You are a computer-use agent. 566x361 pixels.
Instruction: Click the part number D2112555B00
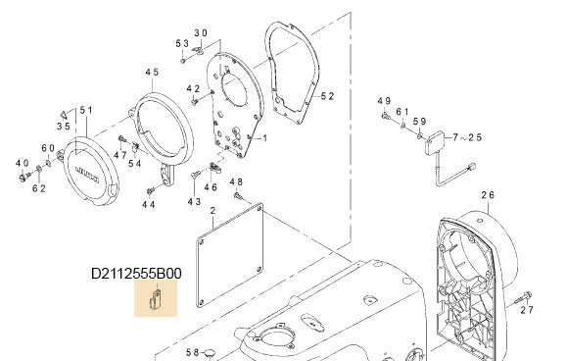(136, 274)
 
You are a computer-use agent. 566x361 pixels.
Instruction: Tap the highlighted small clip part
(155, 297)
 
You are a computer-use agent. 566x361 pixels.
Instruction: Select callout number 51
(86, 111)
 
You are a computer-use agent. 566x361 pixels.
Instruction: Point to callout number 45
(152, 74)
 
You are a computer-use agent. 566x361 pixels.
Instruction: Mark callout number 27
(527, 310)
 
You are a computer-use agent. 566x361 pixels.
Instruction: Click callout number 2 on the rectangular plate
(212, 212)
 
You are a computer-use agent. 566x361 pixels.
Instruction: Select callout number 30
(201, 32)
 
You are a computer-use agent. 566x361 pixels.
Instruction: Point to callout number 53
(182, 44)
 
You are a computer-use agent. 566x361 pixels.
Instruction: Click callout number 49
(385, 102)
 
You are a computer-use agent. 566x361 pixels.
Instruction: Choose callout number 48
(236, 182)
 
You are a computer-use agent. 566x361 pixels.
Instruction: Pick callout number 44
(149, 204)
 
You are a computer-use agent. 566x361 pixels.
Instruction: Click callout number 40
(22, 163)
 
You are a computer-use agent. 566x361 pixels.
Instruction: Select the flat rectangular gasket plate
(227, 258)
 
